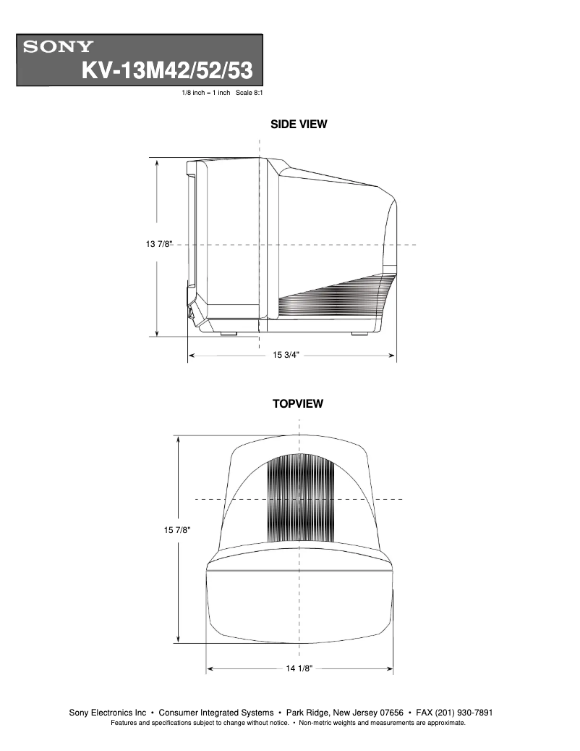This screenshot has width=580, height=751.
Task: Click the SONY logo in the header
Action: tap(59, 48)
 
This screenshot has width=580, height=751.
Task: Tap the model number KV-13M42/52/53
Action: tap(167, 70)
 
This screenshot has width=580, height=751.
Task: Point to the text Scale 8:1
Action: tap(248, 93)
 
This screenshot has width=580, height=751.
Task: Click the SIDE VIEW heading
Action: tap(299, 125)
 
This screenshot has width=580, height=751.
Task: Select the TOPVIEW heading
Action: tap(298, 404)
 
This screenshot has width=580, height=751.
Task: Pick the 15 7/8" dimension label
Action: tap(176, 531)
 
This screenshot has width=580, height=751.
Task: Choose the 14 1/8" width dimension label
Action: tap(299, 668)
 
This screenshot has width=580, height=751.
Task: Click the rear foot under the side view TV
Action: tap(359, 334)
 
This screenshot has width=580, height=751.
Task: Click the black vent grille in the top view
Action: tap(301, 500)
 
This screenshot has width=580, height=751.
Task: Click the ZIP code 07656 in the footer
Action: tap(388, 713)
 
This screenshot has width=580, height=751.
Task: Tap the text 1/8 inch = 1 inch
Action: tap(205, 93)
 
